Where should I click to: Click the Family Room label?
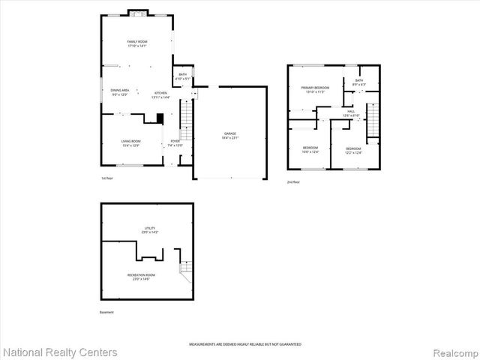point(136,43)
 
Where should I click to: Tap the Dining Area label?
point(120,91)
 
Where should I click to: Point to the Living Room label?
point(131,142)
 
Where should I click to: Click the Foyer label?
point(175,142)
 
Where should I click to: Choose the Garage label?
point(229,136)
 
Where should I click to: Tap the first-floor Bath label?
point(182,76)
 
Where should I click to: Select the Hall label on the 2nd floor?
point(351,113)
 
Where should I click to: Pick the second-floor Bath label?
point(358,82)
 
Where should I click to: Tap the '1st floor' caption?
point(107,178)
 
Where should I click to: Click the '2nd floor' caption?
point(292,182)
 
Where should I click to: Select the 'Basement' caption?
point(107,312)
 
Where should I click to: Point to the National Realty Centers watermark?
point(60,352)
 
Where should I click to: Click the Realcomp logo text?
point(454,352)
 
